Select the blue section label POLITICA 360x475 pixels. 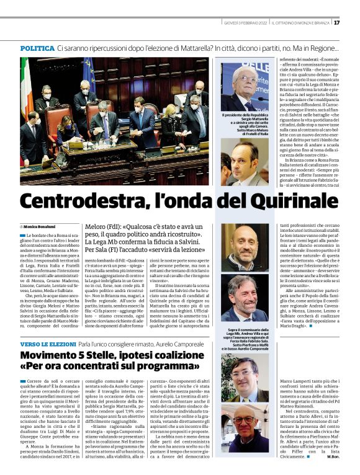pos(37,48)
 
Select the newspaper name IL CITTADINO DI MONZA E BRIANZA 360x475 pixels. pos(301,23)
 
